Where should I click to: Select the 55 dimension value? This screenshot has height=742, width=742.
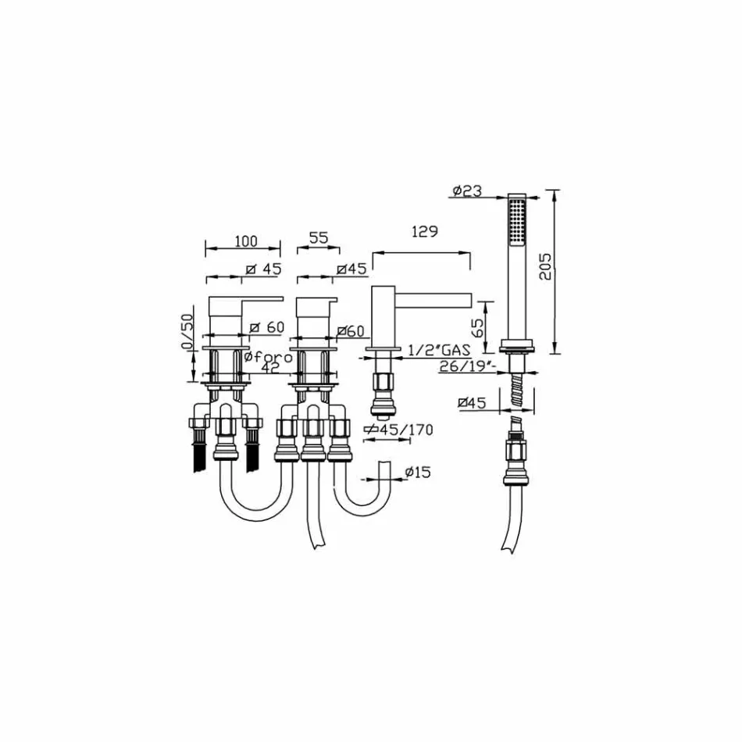click(318, 239)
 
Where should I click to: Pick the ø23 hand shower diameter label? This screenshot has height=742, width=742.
click(467, 191)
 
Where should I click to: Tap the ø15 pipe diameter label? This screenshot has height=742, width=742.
click(416, 471)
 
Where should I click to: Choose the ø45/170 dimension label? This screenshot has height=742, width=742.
click(399, 429)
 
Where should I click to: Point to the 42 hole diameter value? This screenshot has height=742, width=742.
click(269, 369)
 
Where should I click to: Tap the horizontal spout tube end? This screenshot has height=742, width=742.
click(466, 300)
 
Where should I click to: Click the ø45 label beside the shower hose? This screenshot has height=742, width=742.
click(473, 403)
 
